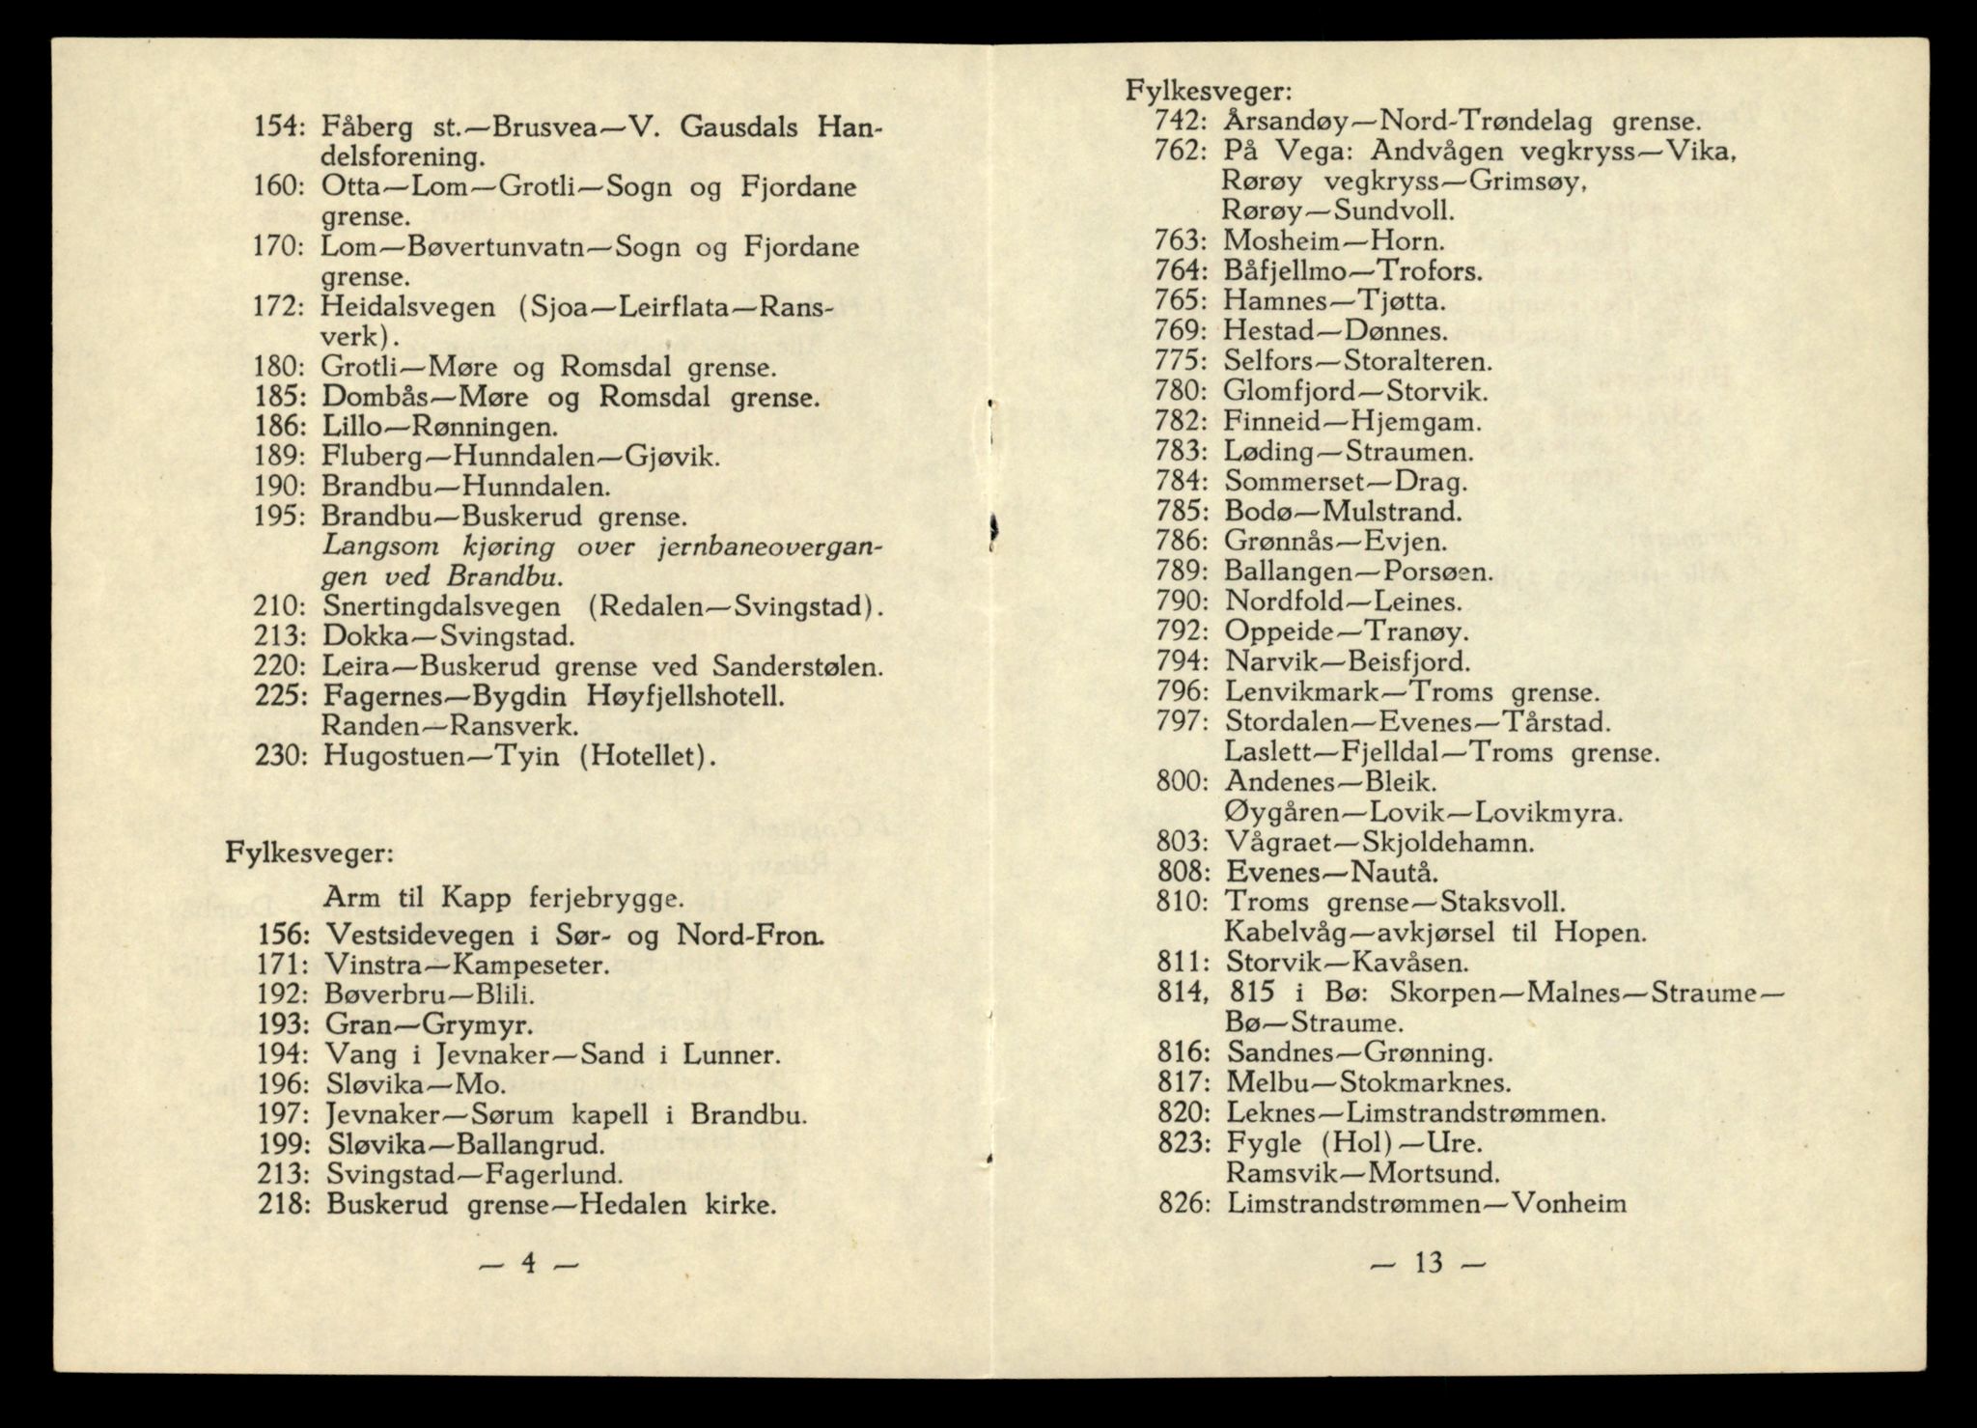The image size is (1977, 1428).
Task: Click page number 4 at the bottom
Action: click(529, 1264)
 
